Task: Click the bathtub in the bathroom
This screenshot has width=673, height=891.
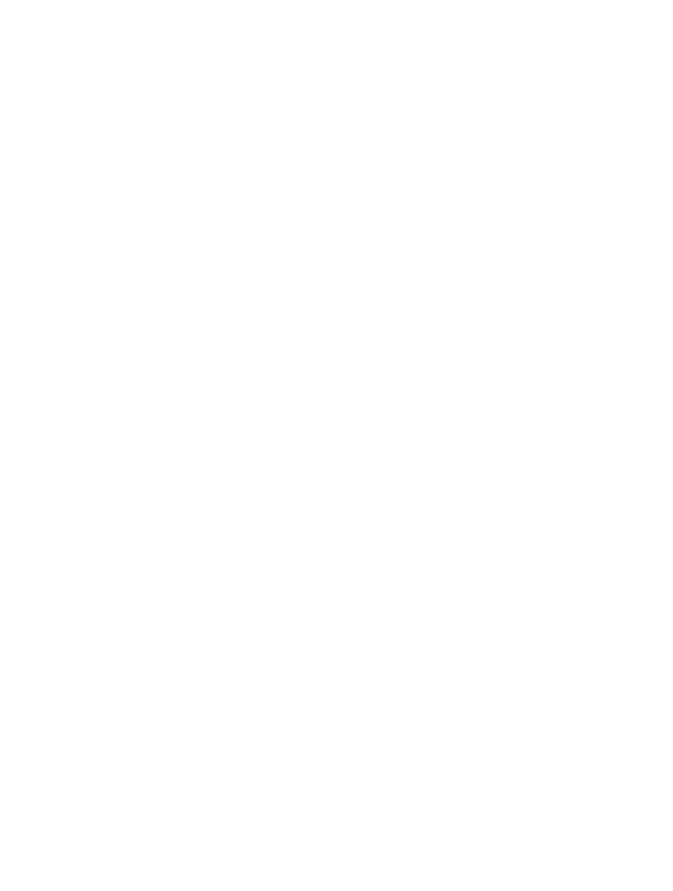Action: (135, 438)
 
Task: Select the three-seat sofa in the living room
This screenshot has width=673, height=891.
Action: (503, 635)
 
